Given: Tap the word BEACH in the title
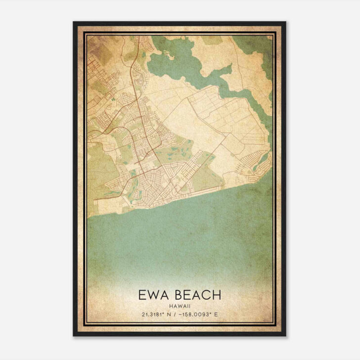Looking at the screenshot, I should pos(195,295).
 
